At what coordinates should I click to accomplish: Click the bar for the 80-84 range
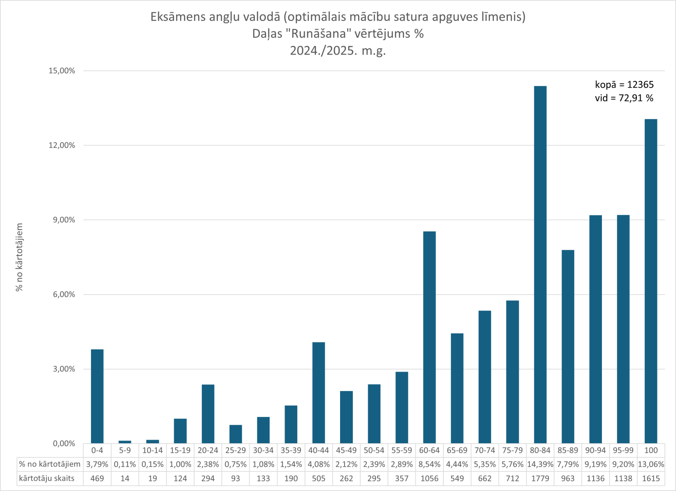click(540, 265)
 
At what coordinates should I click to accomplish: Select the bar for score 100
click(651, 281)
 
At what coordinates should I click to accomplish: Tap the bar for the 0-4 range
click(97, 396)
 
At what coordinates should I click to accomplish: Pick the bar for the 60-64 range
click(429, 337)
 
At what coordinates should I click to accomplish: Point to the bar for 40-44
click(319, 392)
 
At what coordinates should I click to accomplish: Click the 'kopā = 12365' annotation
click(624, 85)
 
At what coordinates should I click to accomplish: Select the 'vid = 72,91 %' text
click(624, 98)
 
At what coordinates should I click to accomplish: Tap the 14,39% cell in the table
click(540, 465)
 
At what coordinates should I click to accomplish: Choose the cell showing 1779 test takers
click(540, 478)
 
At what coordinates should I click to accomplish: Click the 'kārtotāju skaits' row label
click(47, 478)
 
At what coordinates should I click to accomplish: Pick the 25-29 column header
click(235, 451)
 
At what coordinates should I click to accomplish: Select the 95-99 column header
click(623, 451)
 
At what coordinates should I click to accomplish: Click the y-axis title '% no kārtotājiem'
click(19, 257)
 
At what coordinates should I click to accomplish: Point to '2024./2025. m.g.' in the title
click(338, 50)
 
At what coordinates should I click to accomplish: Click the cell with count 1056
click(429, 478)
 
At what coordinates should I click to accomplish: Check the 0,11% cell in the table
click(125, 465)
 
